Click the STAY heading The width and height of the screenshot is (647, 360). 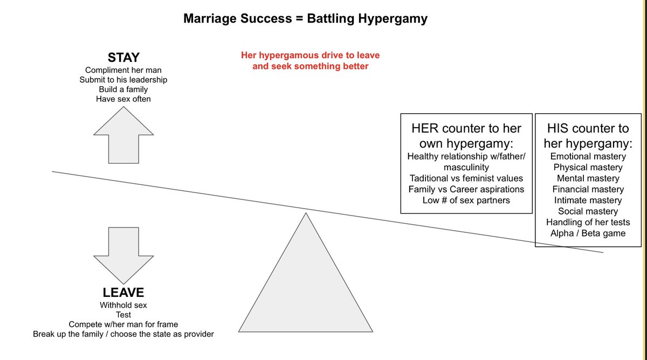pos(123,58)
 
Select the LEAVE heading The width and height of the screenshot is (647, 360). pos(123,293)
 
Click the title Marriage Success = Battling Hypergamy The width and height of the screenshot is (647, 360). pos(305,18)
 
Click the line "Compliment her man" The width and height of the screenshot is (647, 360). pos(123,70)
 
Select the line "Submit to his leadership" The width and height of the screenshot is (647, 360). pos(123,80)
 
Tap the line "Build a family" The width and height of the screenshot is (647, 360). pos(123,89)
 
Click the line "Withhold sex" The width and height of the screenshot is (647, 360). pos(123,305)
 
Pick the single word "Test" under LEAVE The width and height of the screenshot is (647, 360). pos(123,315)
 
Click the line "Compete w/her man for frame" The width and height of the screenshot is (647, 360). pos(123,324)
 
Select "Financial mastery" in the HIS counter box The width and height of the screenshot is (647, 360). pos(588,189)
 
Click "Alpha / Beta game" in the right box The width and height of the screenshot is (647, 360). pos(588,233)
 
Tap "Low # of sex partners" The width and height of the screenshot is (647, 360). pos(466,200)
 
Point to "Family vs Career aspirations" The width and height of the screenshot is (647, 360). pos(466,189)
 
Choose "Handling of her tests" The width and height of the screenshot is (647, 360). pos(588,222)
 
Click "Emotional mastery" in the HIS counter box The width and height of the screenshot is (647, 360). pos(588,156)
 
